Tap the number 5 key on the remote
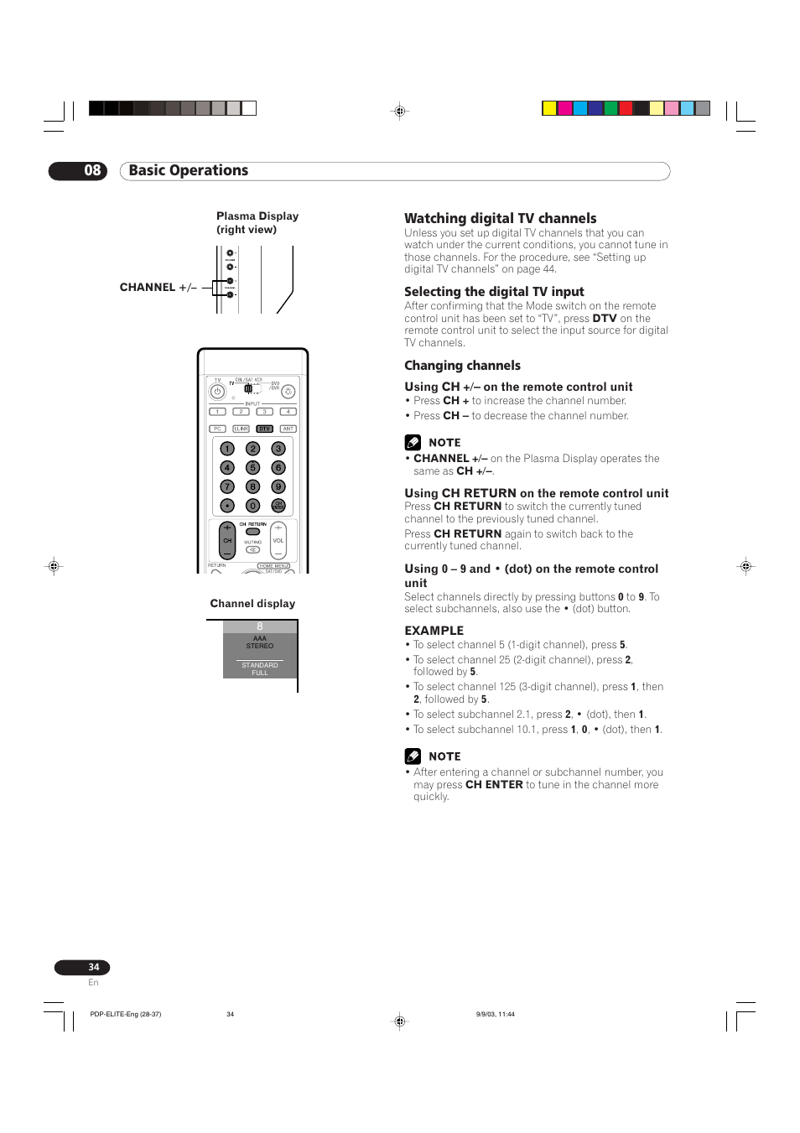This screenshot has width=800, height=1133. (x=252, y=468)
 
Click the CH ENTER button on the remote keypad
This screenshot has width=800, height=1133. (x=278, y=506)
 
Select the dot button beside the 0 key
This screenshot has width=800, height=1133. (x=226, y=506)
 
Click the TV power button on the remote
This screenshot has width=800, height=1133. (x=217, y=392)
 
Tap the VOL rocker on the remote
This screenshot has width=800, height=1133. (x=278, y=541)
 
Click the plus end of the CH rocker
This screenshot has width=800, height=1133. (x=227, y=528)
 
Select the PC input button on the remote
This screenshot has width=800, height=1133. (x=217, y=429)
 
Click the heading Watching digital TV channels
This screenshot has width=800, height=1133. (x=501, y=218)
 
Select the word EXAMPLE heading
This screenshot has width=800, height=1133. (x=434, y=631)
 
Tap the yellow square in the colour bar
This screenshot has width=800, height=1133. (x=549, y=108)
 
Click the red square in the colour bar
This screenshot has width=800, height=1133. (x=626, y=108)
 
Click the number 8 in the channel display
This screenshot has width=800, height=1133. (x=260, y=626)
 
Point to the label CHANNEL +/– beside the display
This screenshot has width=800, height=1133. (x=158, y=288)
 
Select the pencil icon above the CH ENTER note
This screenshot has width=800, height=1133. (x=413, y=756)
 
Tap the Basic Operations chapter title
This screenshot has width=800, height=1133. (x=189, y=171)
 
